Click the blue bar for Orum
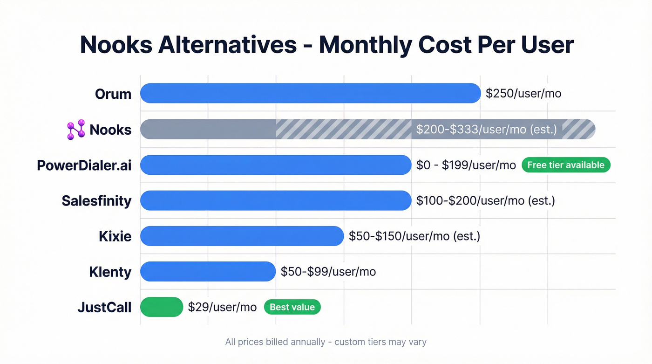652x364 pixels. pyautogui.click(x=310, y=93)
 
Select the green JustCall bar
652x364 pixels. pyautogui.click(x=162, y=307)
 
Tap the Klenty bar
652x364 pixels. pyautogui.click(x=208, y=272)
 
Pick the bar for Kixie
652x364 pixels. pyautogui.click(x=242, y=236)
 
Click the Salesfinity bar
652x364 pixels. pyautogui.click(x=276, y=200)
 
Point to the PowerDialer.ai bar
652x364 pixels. pyautogui.click(x=276, y=165)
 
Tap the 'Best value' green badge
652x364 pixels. pyautogui.click(x=292, y=307)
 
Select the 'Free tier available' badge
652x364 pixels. pyautogui.click(x=566, y=165)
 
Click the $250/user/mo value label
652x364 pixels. pyautogui.click(x=523, y=94)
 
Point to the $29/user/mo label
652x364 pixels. pyautogui.click(x=223, y=307)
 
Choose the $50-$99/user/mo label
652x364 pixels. pyautogui.click(x=328, y=272)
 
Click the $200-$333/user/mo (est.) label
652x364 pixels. pyautogui.click(x=487, y=129)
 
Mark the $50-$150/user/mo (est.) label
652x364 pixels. pyautogui.click(x=414, y=236)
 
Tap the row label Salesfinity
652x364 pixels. pyautogui.click(x=96, y=201)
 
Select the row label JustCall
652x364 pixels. pyautogui.click(x=104, y=308)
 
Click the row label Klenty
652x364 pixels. pyautogui.click(x=110, y=272)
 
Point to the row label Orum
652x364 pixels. pyautogui.click(x=113, y=94)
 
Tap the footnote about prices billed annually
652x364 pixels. pyautogui.click(x=326, y=342)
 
